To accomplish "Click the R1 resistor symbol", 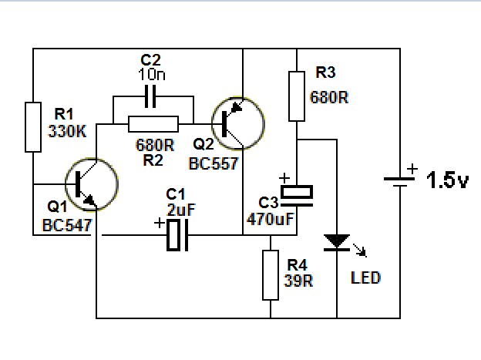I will click(33, 126).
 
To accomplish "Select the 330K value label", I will click(68, 131).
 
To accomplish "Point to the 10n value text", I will click(151, 74).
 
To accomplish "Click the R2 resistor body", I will click(153, 123).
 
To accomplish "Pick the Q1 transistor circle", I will click(92, 184).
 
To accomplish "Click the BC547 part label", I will click(67, 226).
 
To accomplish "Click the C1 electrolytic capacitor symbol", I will click(177, 234).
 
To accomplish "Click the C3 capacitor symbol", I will click(298, 193).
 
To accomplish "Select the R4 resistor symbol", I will click(270, 274).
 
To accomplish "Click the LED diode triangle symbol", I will click(337, 242).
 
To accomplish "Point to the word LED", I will click(365, 278).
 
